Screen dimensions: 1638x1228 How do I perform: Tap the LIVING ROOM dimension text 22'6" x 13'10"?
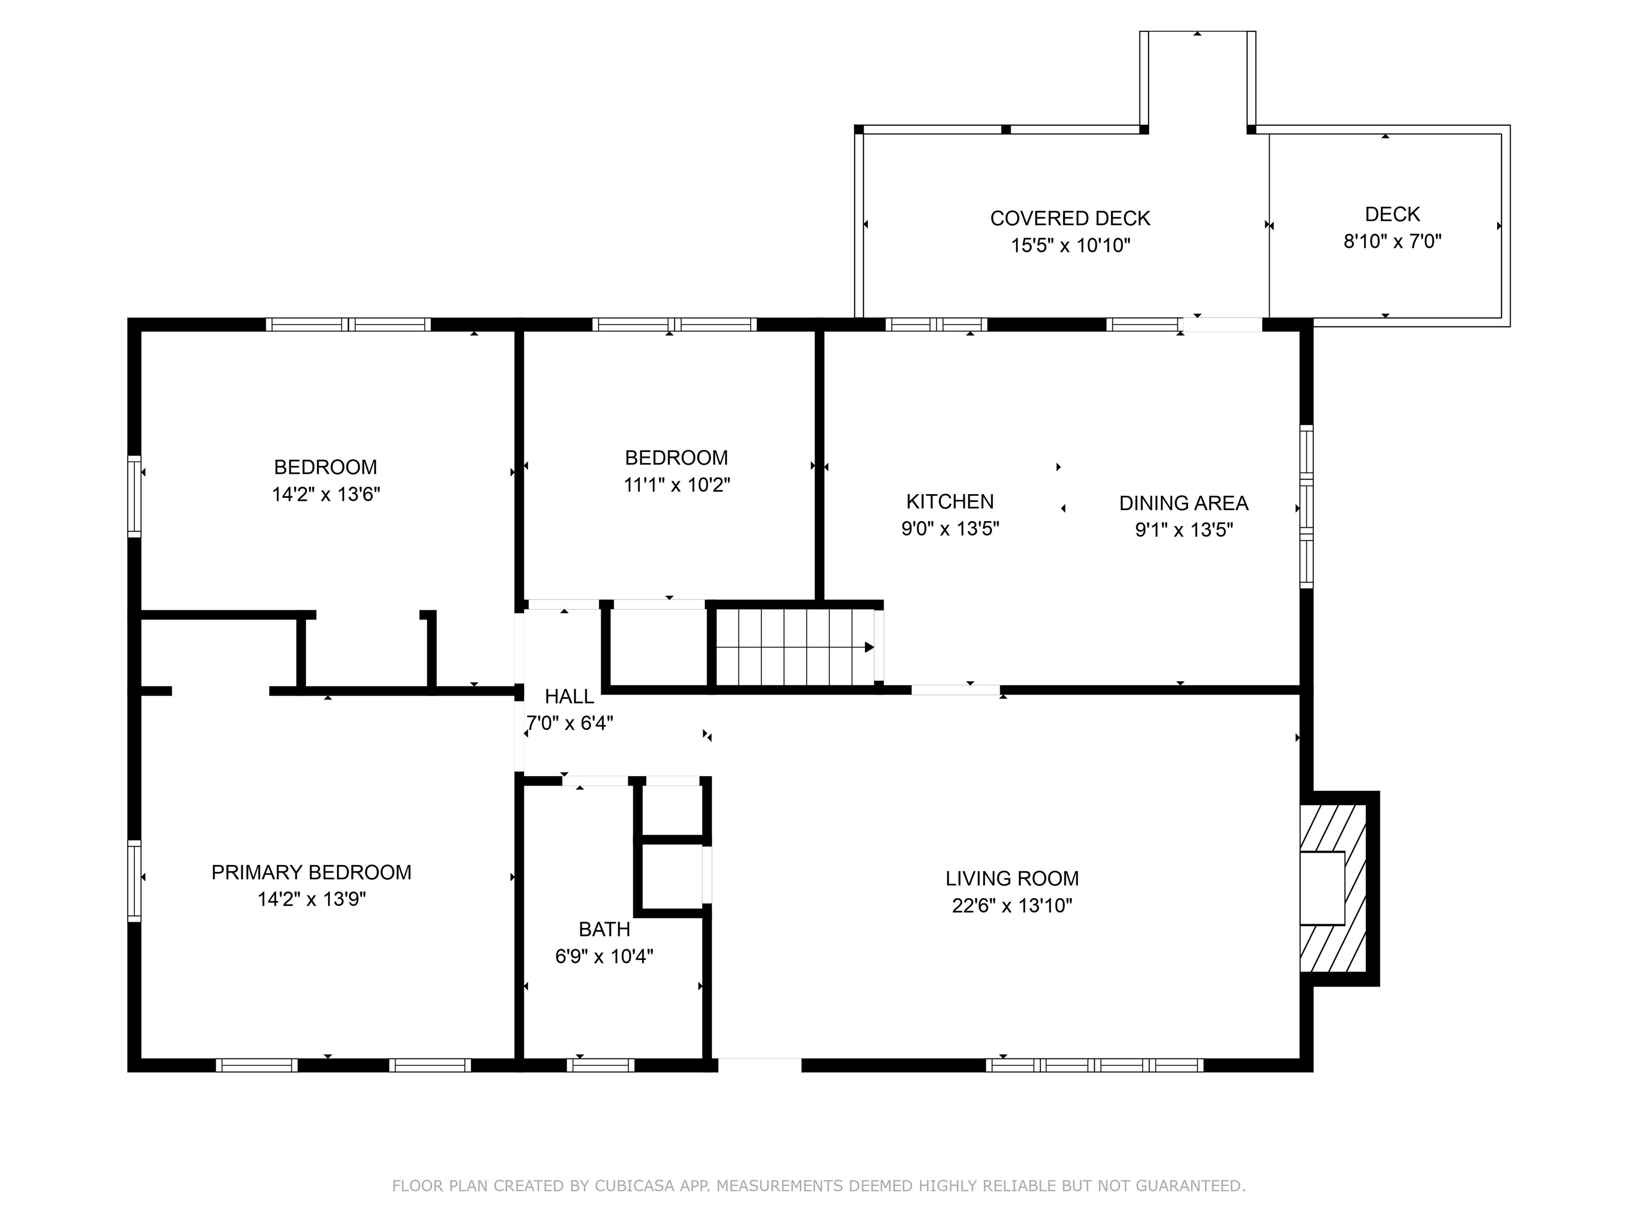tap(1011, 905)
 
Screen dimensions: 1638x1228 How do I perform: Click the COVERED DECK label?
tap(1070, 219)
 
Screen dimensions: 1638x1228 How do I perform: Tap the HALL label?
tap(569, 697)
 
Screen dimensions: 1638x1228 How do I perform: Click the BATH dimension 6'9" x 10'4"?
tap(604, 956)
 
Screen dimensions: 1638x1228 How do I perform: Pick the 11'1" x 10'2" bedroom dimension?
tap(677, 485)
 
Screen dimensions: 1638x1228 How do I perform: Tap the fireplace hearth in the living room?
tap(1333, 888)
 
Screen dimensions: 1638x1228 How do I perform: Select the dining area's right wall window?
tap(1307, 507)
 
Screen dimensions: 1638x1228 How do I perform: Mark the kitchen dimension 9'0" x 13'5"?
tap(950, 529)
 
